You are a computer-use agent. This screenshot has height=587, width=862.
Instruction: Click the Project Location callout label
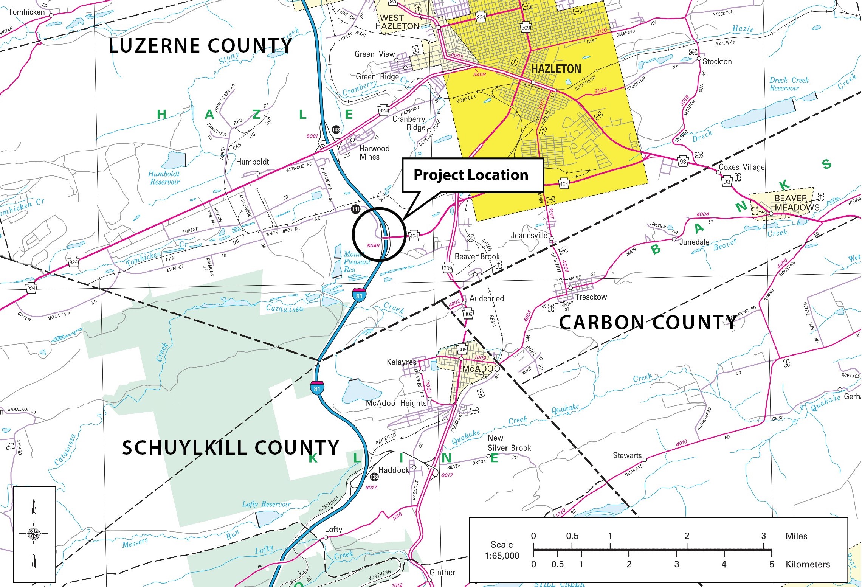click(471, 175)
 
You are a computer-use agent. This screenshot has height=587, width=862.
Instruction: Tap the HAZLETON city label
click(556, 69)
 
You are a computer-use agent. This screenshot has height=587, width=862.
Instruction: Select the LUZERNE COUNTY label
click(200, 46)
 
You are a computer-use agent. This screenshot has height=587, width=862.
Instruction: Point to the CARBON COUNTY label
click(648, 323)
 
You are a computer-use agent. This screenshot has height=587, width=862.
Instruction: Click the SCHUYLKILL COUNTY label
click(230, 448)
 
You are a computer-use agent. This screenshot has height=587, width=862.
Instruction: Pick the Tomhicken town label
click(26, 12)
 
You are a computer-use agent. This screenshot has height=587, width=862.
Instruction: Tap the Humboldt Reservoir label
click(164, 178)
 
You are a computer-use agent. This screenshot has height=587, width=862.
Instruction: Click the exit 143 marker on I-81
click(336, 130)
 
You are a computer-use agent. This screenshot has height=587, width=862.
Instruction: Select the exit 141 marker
click(355, 209)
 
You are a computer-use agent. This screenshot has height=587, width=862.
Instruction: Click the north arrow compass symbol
click(34, 534)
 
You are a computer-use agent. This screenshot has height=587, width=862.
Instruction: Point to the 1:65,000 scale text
click(502, 556)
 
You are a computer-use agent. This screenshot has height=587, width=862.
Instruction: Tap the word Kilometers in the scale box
click(808, 564)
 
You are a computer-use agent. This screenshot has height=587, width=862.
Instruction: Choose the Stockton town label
click(717, 61)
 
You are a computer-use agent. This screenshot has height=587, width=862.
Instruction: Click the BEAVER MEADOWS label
click(796, 203)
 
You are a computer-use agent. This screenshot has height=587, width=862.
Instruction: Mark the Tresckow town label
click(591, 297)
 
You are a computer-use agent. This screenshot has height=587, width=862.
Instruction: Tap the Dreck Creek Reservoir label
click(789, 84)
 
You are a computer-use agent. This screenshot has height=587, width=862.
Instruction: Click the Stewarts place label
click(627, 455)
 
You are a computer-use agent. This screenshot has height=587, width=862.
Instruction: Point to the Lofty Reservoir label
click(266, 504)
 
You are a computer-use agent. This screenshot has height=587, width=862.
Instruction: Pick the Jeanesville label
click(529, 235)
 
